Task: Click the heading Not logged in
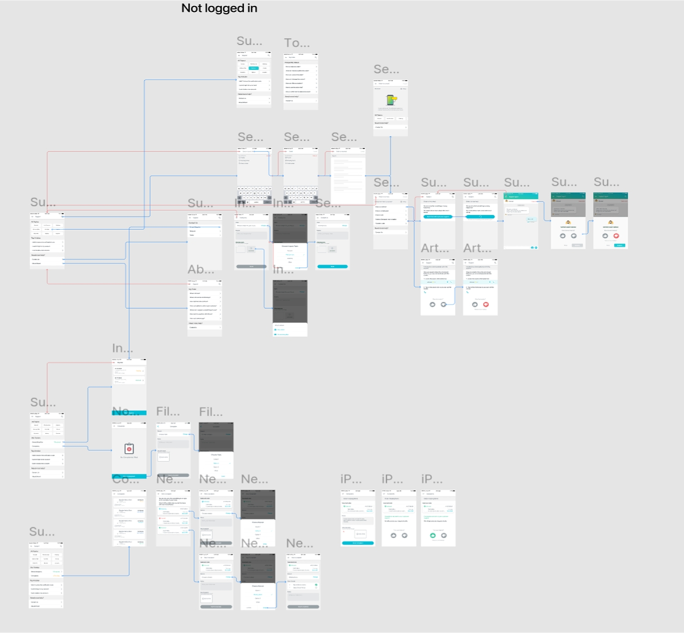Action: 219,8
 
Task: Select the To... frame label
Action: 297,43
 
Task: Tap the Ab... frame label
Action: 200,270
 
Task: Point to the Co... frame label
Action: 125,480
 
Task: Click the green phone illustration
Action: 390,101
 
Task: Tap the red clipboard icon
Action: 129,449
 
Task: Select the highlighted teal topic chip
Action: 254,68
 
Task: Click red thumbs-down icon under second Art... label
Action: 486,305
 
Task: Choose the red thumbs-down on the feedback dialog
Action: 616,235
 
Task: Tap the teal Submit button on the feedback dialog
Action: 619,245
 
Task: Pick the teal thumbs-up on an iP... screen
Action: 432,535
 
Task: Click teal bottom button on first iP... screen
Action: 357,543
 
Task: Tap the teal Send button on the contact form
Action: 332,267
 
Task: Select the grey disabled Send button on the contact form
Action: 251,267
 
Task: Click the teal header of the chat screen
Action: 521,196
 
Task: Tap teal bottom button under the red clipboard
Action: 129,477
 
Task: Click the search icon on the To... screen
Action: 316,58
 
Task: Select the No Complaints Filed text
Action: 129,457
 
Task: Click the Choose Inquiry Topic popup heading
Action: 290,246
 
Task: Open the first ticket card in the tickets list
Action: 129,370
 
